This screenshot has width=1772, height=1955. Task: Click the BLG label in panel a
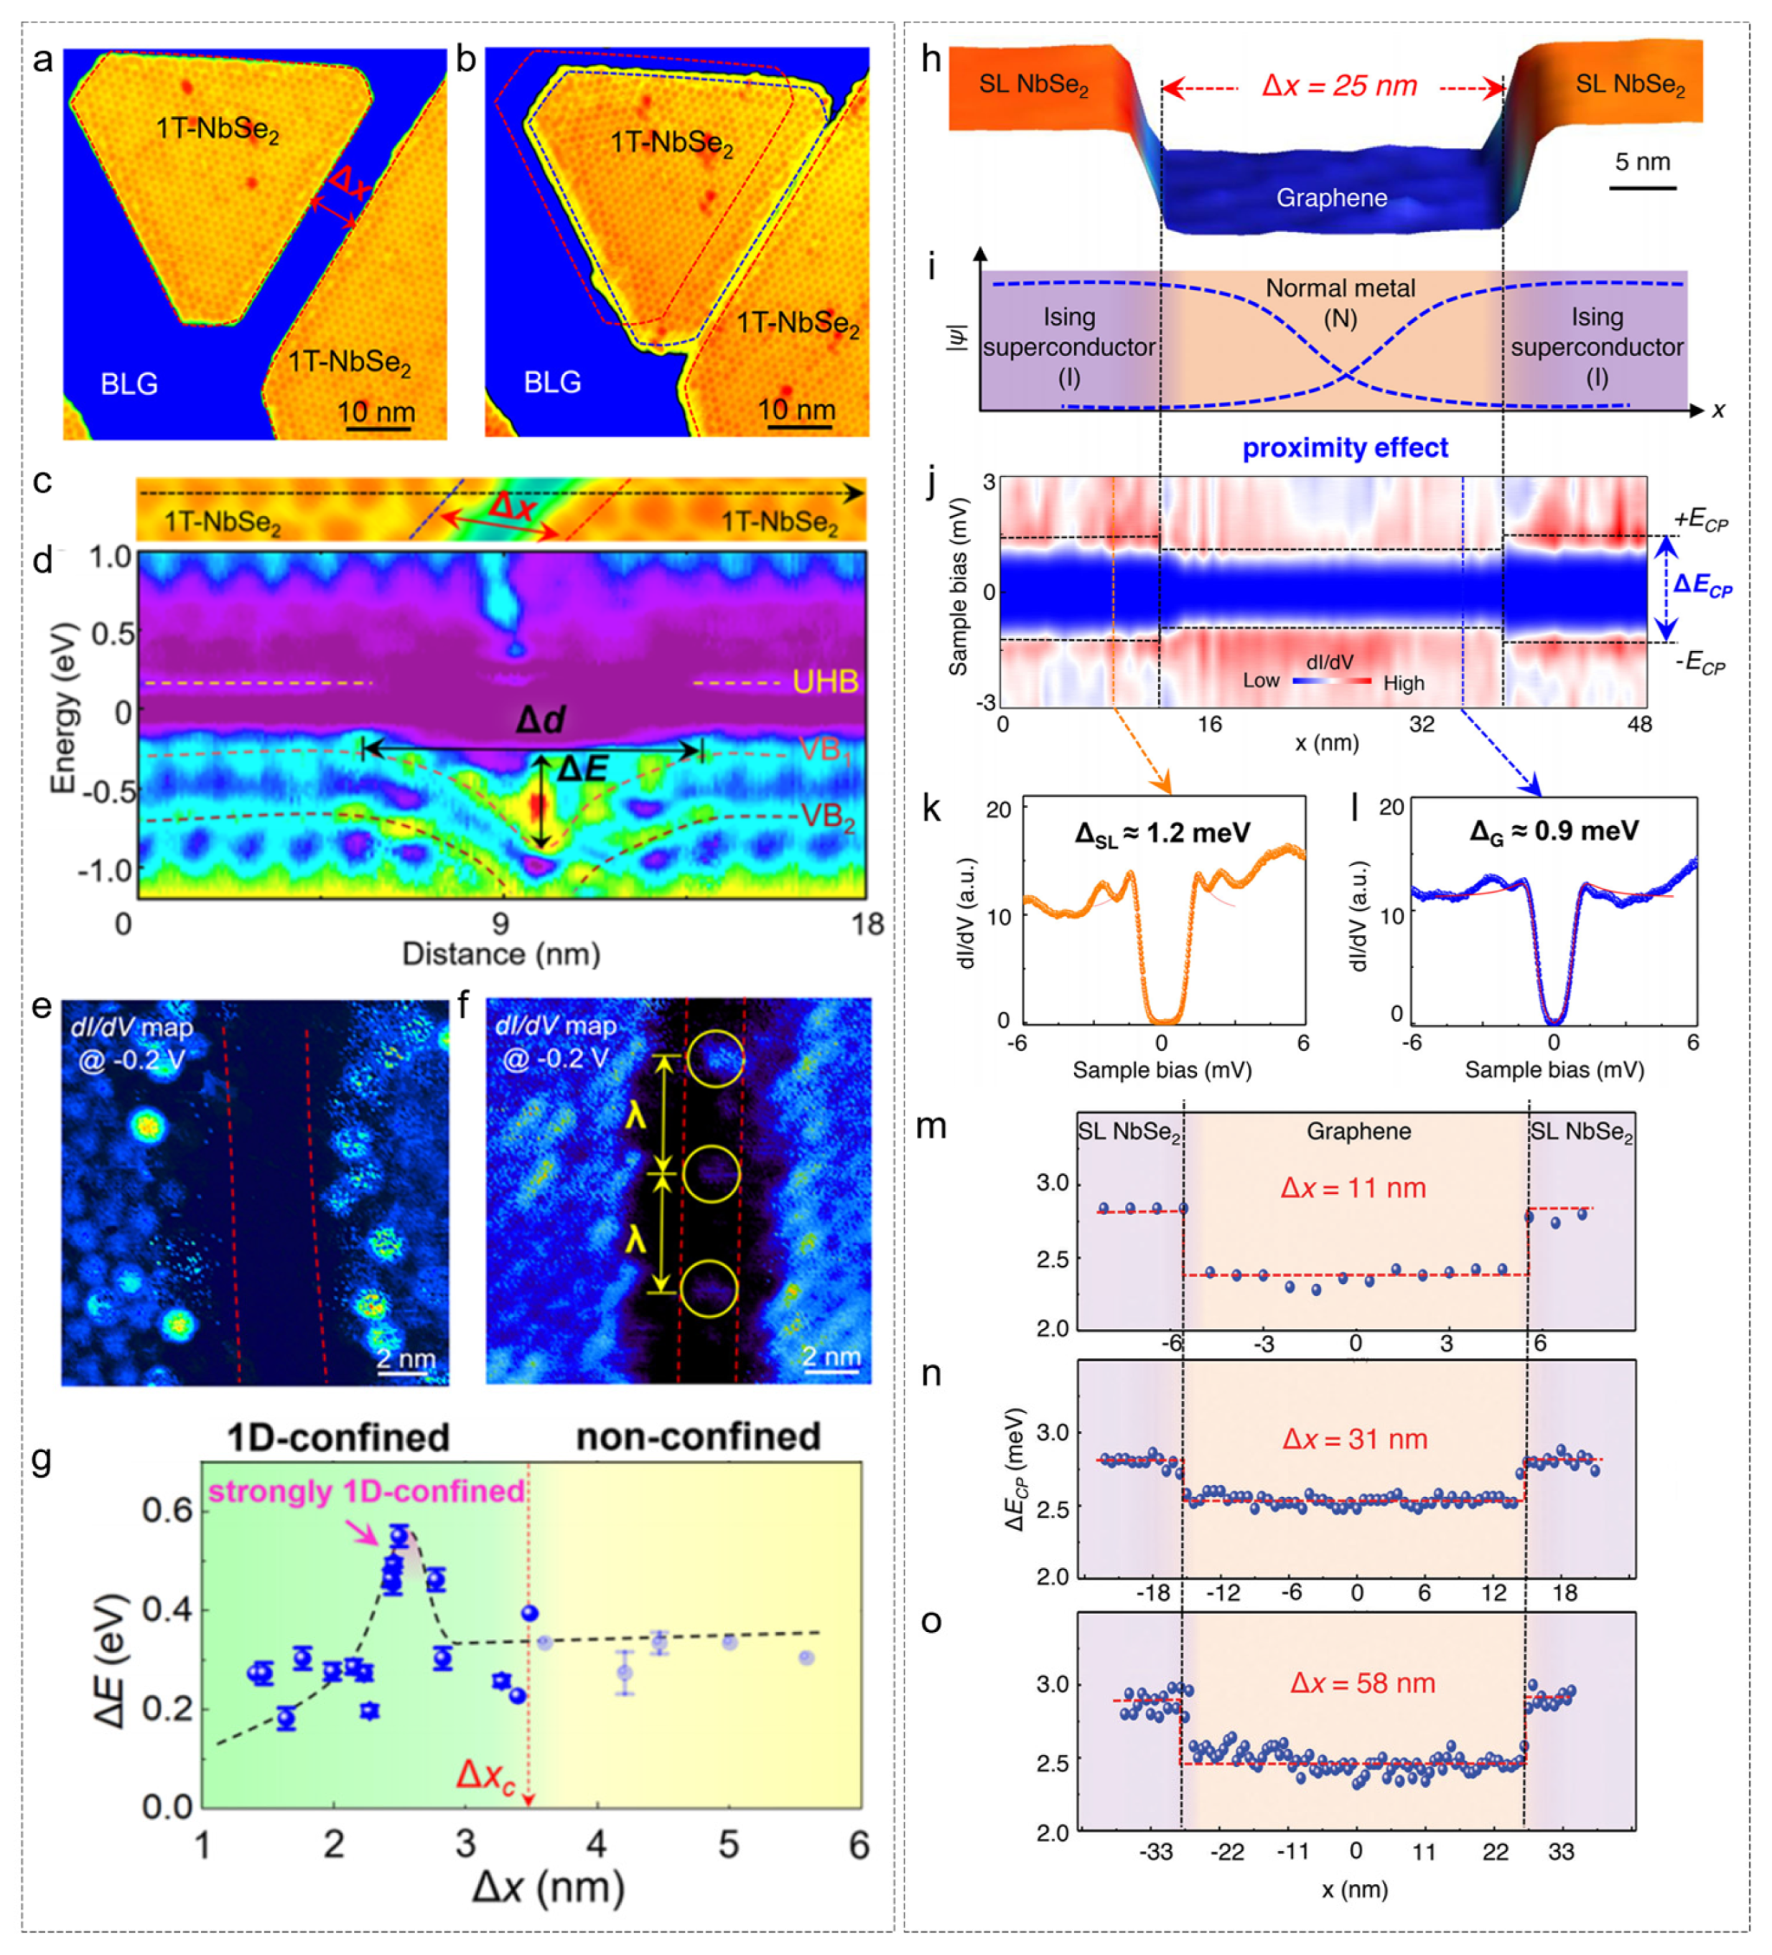[x=129, y=384]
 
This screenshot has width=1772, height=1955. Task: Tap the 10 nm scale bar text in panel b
[x=796, y=409]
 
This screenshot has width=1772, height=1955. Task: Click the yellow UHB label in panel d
[x=826, y=683]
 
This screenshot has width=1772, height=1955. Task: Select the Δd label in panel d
[x=540, y=721]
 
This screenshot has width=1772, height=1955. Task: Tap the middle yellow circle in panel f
[x=711, y=1174]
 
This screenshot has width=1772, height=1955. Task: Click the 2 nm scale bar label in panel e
[x=406, y=1359]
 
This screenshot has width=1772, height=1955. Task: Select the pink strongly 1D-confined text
[x=367, y=1491]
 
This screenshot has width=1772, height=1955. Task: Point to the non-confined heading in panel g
[x=699, y=1436]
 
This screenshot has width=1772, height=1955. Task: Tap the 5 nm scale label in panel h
[x=1642, y=162]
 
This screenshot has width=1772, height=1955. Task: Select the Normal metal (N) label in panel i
[x=1340, y=303]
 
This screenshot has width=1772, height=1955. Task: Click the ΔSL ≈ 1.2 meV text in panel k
[x=1162, y=833]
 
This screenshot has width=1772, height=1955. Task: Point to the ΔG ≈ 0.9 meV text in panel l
[x=1554, y=831]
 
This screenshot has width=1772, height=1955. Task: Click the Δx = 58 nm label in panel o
[x=1362, y=1684]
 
